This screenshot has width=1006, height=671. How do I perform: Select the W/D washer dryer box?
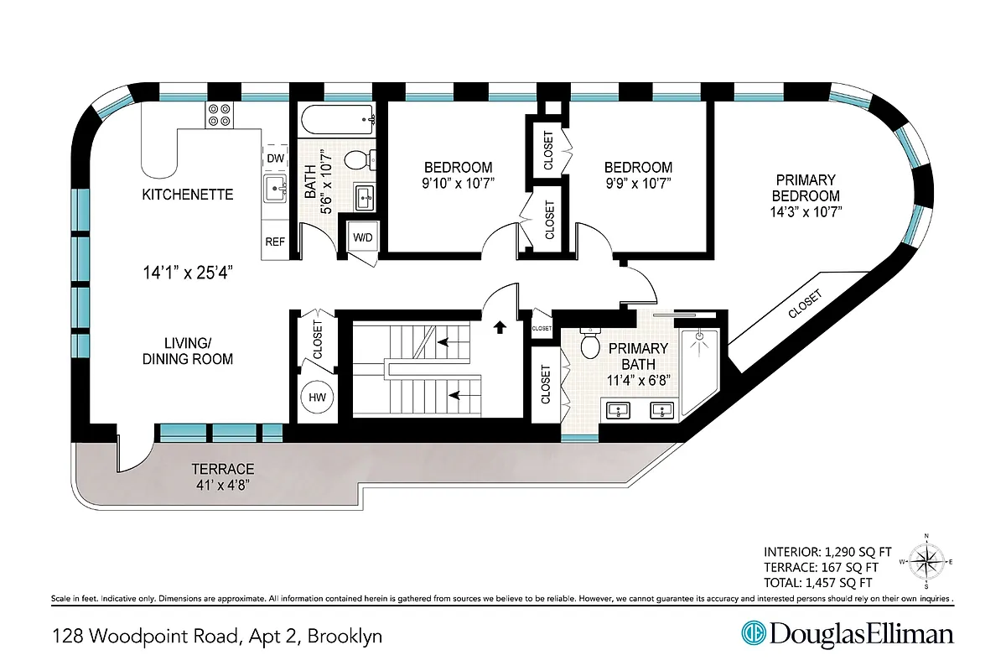click(x=363, y=237)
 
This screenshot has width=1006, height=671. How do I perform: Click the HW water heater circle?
click(x=317, y=398)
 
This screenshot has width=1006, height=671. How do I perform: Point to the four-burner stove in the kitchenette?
click(x=220, y=114)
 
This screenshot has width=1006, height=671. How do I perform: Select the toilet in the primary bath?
click(x=590, y=344)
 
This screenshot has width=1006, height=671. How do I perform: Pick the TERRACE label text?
click(x=222, y=469)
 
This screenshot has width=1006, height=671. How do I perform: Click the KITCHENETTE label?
click(x=188, y=195)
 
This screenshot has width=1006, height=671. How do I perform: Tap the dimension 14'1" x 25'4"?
click(x=186, y=272)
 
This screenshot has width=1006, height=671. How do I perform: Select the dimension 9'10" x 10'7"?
click(x=457, y=183)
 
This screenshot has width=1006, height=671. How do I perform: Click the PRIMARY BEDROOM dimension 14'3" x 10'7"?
click(x=806, y=211)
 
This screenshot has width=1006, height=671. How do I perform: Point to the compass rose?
click(x=926, y=561)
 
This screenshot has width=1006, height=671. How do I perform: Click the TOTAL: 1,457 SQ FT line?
click(x=817, y=582)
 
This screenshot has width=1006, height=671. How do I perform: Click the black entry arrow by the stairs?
click(x=500, y=327)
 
